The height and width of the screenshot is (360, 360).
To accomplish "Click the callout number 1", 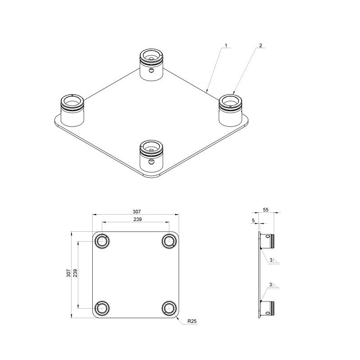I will click(226, 45).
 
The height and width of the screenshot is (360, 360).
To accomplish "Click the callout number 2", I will click(260, 45).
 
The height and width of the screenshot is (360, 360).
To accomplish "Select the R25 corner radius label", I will click(193, 321).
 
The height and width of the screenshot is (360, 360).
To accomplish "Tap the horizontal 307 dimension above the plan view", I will click(136, 211).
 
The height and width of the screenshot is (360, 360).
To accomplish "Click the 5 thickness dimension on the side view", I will click(253, 220).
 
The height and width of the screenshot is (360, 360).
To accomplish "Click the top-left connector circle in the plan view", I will click(103, 241).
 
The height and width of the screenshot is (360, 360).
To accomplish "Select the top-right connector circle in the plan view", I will click(169, 241).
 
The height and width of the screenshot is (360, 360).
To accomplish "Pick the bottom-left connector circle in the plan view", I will click(103, 308).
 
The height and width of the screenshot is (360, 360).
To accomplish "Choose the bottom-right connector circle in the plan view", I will click(169, 308).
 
